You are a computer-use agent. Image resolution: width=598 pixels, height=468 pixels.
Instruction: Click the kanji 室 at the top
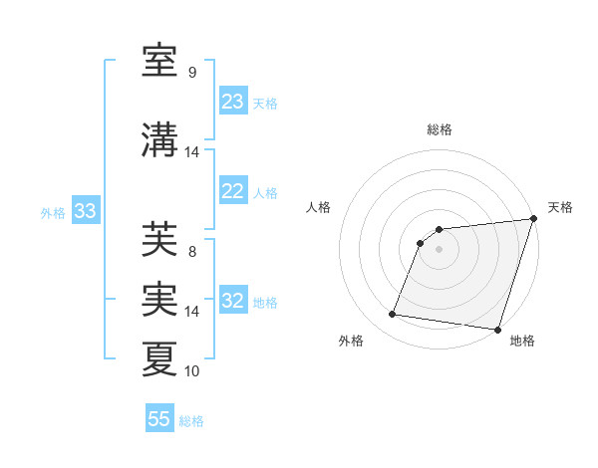[x=160, y=61]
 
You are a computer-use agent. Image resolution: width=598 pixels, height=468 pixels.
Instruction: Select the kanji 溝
[x=160, y=140]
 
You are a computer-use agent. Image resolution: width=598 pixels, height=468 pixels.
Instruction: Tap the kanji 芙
[x=160, y=239]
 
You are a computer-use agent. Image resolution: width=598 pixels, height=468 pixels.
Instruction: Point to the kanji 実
[x=160, y=299]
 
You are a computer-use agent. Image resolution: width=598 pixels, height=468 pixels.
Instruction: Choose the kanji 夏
[x=160, y=358]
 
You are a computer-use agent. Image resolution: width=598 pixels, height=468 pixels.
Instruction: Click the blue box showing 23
[x=233, y=102]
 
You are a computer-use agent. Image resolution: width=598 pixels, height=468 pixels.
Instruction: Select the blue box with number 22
[x=233, y=192]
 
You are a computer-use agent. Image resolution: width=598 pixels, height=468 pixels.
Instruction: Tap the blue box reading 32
[x=233, y=302]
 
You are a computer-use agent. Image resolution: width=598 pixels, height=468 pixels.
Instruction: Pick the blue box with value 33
[x=85, y=211]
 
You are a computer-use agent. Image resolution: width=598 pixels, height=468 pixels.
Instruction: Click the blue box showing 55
[x=159, y=419]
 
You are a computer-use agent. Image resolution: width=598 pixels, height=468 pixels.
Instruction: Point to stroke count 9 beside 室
[x=192, y=72]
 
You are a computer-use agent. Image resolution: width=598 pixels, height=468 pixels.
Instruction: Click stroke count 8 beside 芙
[x=192, y=251]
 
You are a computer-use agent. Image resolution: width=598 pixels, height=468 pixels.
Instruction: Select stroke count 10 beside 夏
[x=192, y=370]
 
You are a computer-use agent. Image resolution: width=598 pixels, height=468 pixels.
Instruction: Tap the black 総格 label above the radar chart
[x=440, y=129]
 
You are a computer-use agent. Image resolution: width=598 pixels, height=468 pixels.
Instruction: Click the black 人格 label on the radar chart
[x=319, y=207]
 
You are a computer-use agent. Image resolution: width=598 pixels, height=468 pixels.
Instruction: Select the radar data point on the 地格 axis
[x=497, y=330]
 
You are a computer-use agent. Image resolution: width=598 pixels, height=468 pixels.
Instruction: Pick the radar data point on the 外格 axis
[x=393, y=315]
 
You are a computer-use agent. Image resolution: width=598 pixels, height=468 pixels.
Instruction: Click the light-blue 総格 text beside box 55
[x=191, y=421]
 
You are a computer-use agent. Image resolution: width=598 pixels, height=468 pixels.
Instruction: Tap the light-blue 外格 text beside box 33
[x=53, y=212]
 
